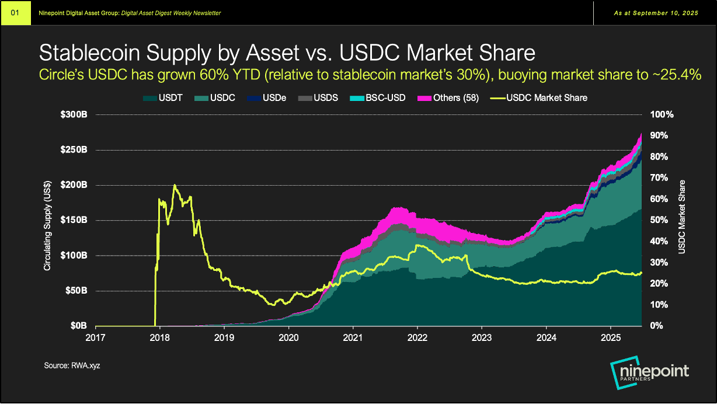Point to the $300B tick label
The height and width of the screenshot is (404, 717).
[x=75, y=114]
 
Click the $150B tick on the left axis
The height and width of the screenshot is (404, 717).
[x=75, y=220]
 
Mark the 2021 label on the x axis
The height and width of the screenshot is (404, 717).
[x=353, y=337]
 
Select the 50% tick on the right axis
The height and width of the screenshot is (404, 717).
[x=660, y=220]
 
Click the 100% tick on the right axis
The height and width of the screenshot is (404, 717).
[x=662, y=114]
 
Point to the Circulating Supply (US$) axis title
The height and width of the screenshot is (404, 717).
[x=47, y=220]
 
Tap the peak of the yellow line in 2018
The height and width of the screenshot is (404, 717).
[x=175, y=185]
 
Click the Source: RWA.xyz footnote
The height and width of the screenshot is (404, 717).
[x=68, y=365]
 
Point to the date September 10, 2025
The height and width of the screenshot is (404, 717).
[x=666, y=13]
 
